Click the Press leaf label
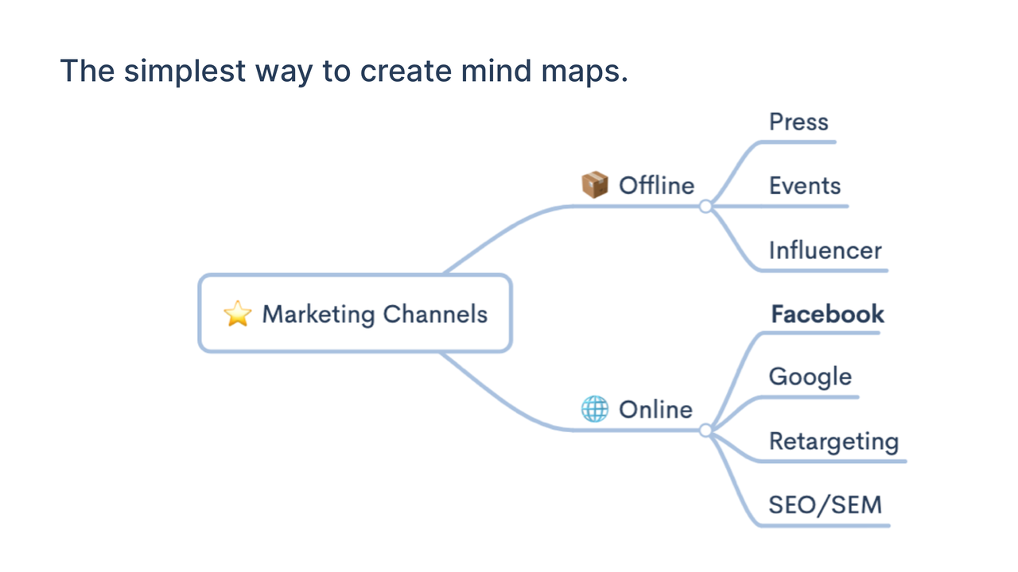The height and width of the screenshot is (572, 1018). pos(798,122)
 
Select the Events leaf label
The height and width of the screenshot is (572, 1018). pos(804,186)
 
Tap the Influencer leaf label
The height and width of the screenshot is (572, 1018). pos(825,250)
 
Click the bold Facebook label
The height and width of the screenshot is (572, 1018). pos(828,314)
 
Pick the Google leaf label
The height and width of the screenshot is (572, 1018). pos(810,377)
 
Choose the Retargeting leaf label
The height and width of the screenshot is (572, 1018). pos(834,442)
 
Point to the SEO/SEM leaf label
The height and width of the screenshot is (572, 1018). pos(826,504)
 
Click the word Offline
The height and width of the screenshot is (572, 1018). pos(657,185)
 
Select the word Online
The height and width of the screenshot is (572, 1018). pos(656,409)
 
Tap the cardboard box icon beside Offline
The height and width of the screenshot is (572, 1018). pos(595,185)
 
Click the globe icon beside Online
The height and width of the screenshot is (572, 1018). pos(595,409)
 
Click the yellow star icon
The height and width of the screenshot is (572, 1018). pos(238,313)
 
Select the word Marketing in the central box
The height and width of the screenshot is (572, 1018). pos(319,315)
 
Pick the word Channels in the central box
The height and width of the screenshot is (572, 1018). pos(435,314)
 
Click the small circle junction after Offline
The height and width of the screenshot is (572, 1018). pos(705,207)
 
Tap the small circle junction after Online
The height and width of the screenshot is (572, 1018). pos(705,431)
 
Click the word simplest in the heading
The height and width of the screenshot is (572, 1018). pos(185,71)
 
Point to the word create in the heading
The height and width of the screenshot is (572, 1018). pos(406,71)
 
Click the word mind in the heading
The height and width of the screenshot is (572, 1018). pos(496,71)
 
